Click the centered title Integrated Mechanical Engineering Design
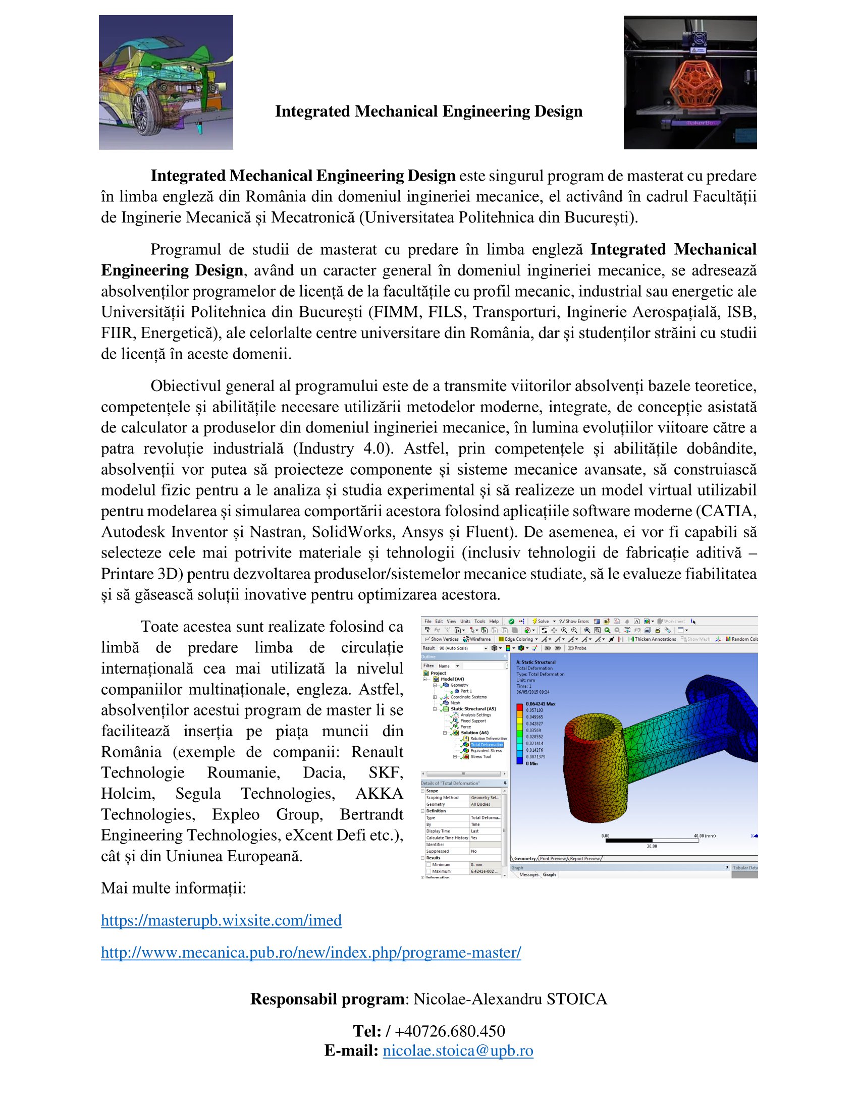[428, 112]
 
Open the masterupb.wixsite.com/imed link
[221, 920]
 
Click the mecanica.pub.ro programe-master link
[310, 952]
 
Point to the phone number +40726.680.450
[449, 1031]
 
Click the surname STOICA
[576, 998]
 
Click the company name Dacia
[324, 772]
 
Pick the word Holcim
[127, 793]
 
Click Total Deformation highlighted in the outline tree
[487, 745]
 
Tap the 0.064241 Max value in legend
[541, 704]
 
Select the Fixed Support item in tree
[473, 720]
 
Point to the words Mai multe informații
[173, 888]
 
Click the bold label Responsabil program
[327, 998]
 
